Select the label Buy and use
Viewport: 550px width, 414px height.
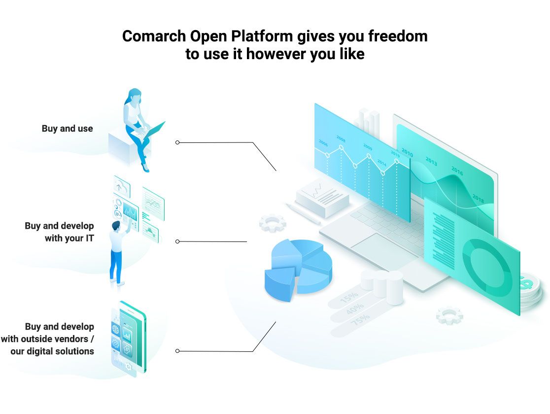67,129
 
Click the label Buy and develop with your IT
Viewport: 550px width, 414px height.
59,232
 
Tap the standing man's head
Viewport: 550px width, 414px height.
116,226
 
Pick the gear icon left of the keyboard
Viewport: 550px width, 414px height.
273,223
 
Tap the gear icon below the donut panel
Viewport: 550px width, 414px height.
449,315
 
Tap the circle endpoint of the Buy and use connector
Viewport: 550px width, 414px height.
177,142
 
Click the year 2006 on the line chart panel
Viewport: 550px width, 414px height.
323,143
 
